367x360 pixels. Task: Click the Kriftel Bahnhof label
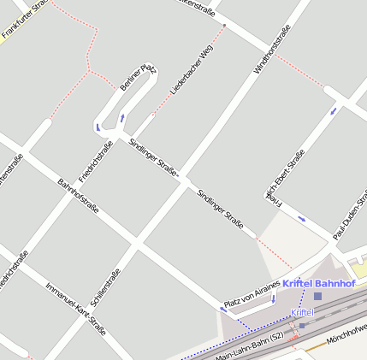click(x=318, y=283)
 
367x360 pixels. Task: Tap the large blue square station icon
click(x=317, y=296)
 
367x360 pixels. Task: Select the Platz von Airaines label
click(x=252, y=294)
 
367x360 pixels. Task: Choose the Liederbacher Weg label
click(x=192, y=69)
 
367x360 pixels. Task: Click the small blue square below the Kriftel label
click(x=302, y=325)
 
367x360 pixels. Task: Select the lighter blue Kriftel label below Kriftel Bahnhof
click(x=302, y=313)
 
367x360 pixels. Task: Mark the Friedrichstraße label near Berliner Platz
click(x=96, y=162)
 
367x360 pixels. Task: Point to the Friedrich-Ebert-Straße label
click(x=286, y=174)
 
